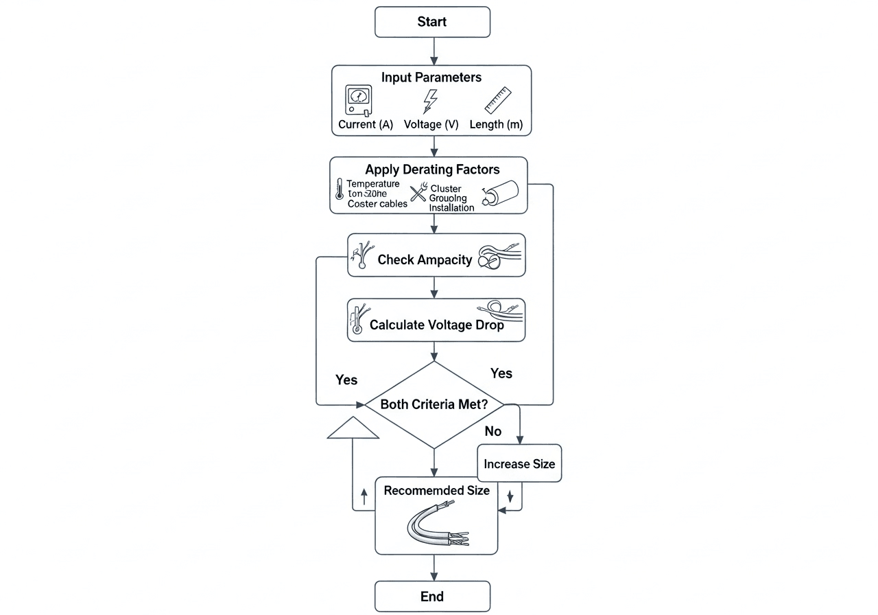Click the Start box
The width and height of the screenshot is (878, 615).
[432, 22]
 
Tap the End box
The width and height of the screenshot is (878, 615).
[432, 596]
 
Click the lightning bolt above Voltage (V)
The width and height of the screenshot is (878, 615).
[429, 101]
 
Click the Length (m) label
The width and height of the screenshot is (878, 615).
[496, 125]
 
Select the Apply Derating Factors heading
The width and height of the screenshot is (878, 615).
[432, 170]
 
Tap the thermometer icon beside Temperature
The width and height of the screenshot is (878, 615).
[339, 189]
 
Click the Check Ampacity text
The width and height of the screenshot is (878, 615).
[425, 260]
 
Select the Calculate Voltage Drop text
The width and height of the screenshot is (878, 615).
[436, 325]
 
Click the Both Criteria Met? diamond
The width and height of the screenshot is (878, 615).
[434, 405]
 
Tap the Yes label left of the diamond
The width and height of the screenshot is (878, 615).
[346, 380]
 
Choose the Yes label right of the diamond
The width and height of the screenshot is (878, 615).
[501, 373]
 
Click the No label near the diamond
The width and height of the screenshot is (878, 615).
[493, 431]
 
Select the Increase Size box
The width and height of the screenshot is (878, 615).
[519, 464]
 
